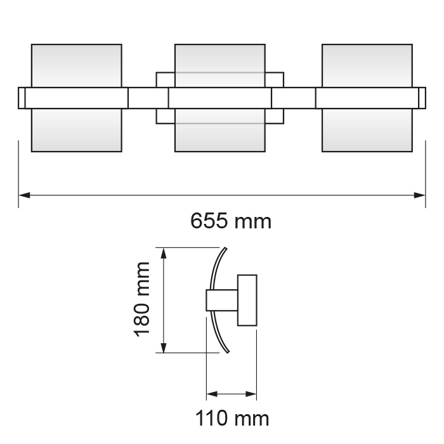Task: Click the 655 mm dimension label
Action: [x=231, y=221]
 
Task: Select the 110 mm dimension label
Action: [x=232, y=419]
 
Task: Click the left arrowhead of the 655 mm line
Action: [x=23, y=195]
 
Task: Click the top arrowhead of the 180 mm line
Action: [x=164, y=252]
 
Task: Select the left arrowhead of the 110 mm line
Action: [x=211, y=394]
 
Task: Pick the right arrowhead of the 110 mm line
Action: [x=252, y=394]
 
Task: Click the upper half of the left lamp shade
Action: [x=76, y=65]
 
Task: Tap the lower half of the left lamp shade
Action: [x=76, y=131]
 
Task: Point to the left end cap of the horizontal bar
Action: [x=22, y=98]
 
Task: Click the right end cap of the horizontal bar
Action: [x=422, y=98]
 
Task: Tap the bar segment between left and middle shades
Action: [x=148, y=98]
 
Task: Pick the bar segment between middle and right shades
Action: [x=293, y=98]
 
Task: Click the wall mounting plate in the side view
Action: [x=247, y=300]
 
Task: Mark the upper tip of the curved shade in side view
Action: [x=224, y=248]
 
